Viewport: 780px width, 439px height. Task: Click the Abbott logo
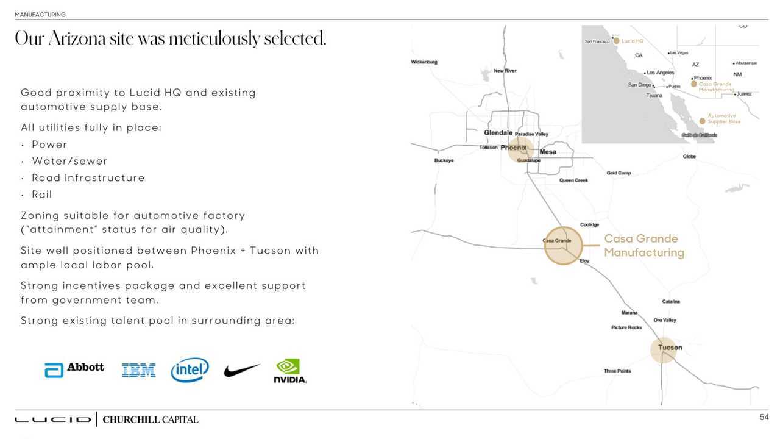coord(74,369)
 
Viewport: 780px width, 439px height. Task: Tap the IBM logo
coord(138,370)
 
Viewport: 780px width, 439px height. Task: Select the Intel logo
coord(190,369)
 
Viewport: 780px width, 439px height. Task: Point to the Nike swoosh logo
coord(241,370)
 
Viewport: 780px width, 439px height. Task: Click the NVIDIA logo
coord(289,371)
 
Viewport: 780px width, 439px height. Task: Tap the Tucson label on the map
coord(670,348)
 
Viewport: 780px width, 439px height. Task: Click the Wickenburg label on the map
coord(424,62)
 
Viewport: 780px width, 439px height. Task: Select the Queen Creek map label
coord(573,180)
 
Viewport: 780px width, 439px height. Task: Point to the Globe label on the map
coord(689,157)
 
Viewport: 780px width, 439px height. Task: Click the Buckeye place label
coord(444,160)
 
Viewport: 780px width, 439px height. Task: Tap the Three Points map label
coord(617,371)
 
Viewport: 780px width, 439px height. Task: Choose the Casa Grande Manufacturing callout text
coord(643,246)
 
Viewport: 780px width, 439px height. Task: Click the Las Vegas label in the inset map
coord(679,53)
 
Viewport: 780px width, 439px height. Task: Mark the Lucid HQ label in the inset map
coord(632,41)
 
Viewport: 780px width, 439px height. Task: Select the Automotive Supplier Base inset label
coord(723,119)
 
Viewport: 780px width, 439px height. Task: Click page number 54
coord(764,417)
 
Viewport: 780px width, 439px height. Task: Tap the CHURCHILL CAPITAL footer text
coord(150,419)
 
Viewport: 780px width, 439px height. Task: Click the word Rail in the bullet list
coord(42,195)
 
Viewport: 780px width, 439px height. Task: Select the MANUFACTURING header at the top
coord(40,15)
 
